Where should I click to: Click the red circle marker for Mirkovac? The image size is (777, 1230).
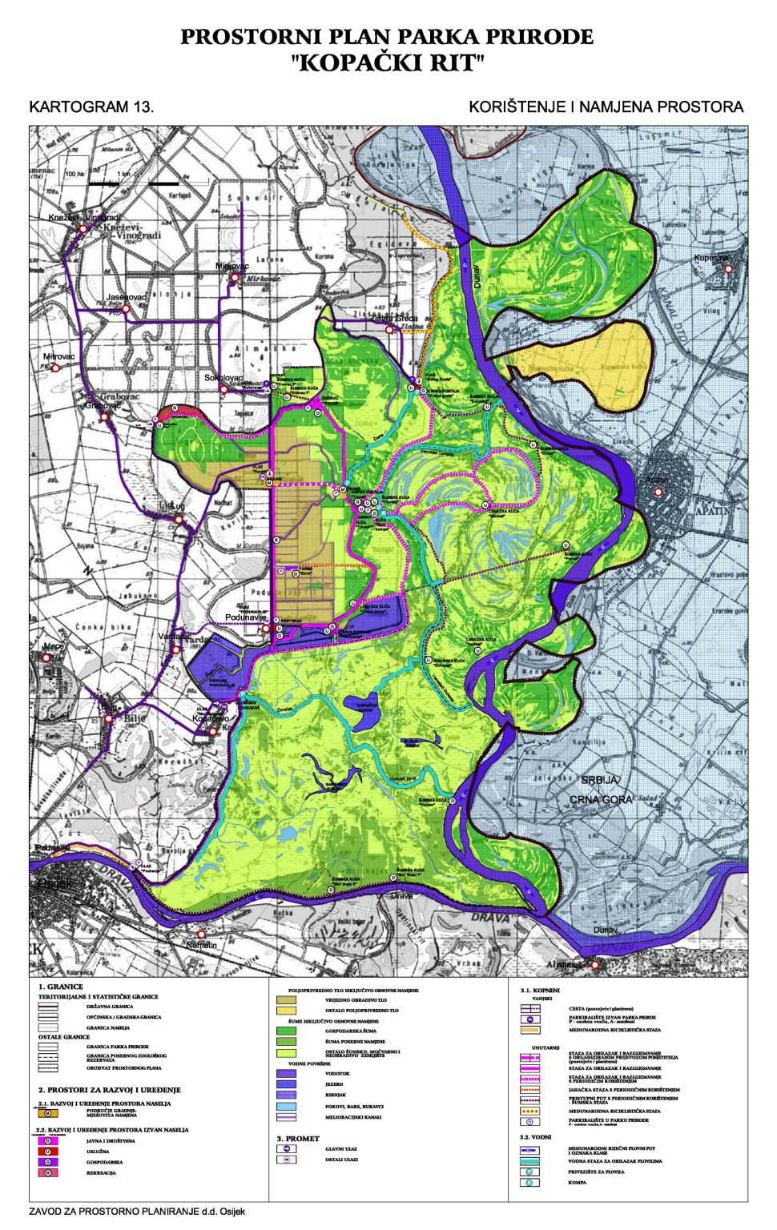[x=234, y=278]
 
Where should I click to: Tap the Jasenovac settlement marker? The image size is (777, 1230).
[x=125, y=308]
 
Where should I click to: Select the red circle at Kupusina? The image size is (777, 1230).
[x=727, y=269]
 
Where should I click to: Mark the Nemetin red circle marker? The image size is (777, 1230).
[x=201, y=934]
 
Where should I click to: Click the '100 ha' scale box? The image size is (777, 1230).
[x=74, y=174]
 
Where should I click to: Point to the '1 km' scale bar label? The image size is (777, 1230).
[x=123, y=174]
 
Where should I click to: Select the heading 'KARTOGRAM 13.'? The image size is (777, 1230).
[x=91, y=107]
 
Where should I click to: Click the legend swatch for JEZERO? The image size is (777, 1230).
[x=286, y=1083]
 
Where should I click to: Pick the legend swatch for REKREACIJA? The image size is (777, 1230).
[x=49, y=1172]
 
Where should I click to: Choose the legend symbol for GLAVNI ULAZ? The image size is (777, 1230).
[x=286, y=1148]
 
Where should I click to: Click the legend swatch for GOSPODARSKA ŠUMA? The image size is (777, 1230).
[x=286, y=1031]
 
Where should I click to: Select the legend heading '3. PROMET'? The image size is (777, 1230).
[x=298, y=1138]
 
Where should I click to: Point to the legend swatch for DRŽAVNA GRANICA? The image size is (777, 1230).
[x=49, y=1007]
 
